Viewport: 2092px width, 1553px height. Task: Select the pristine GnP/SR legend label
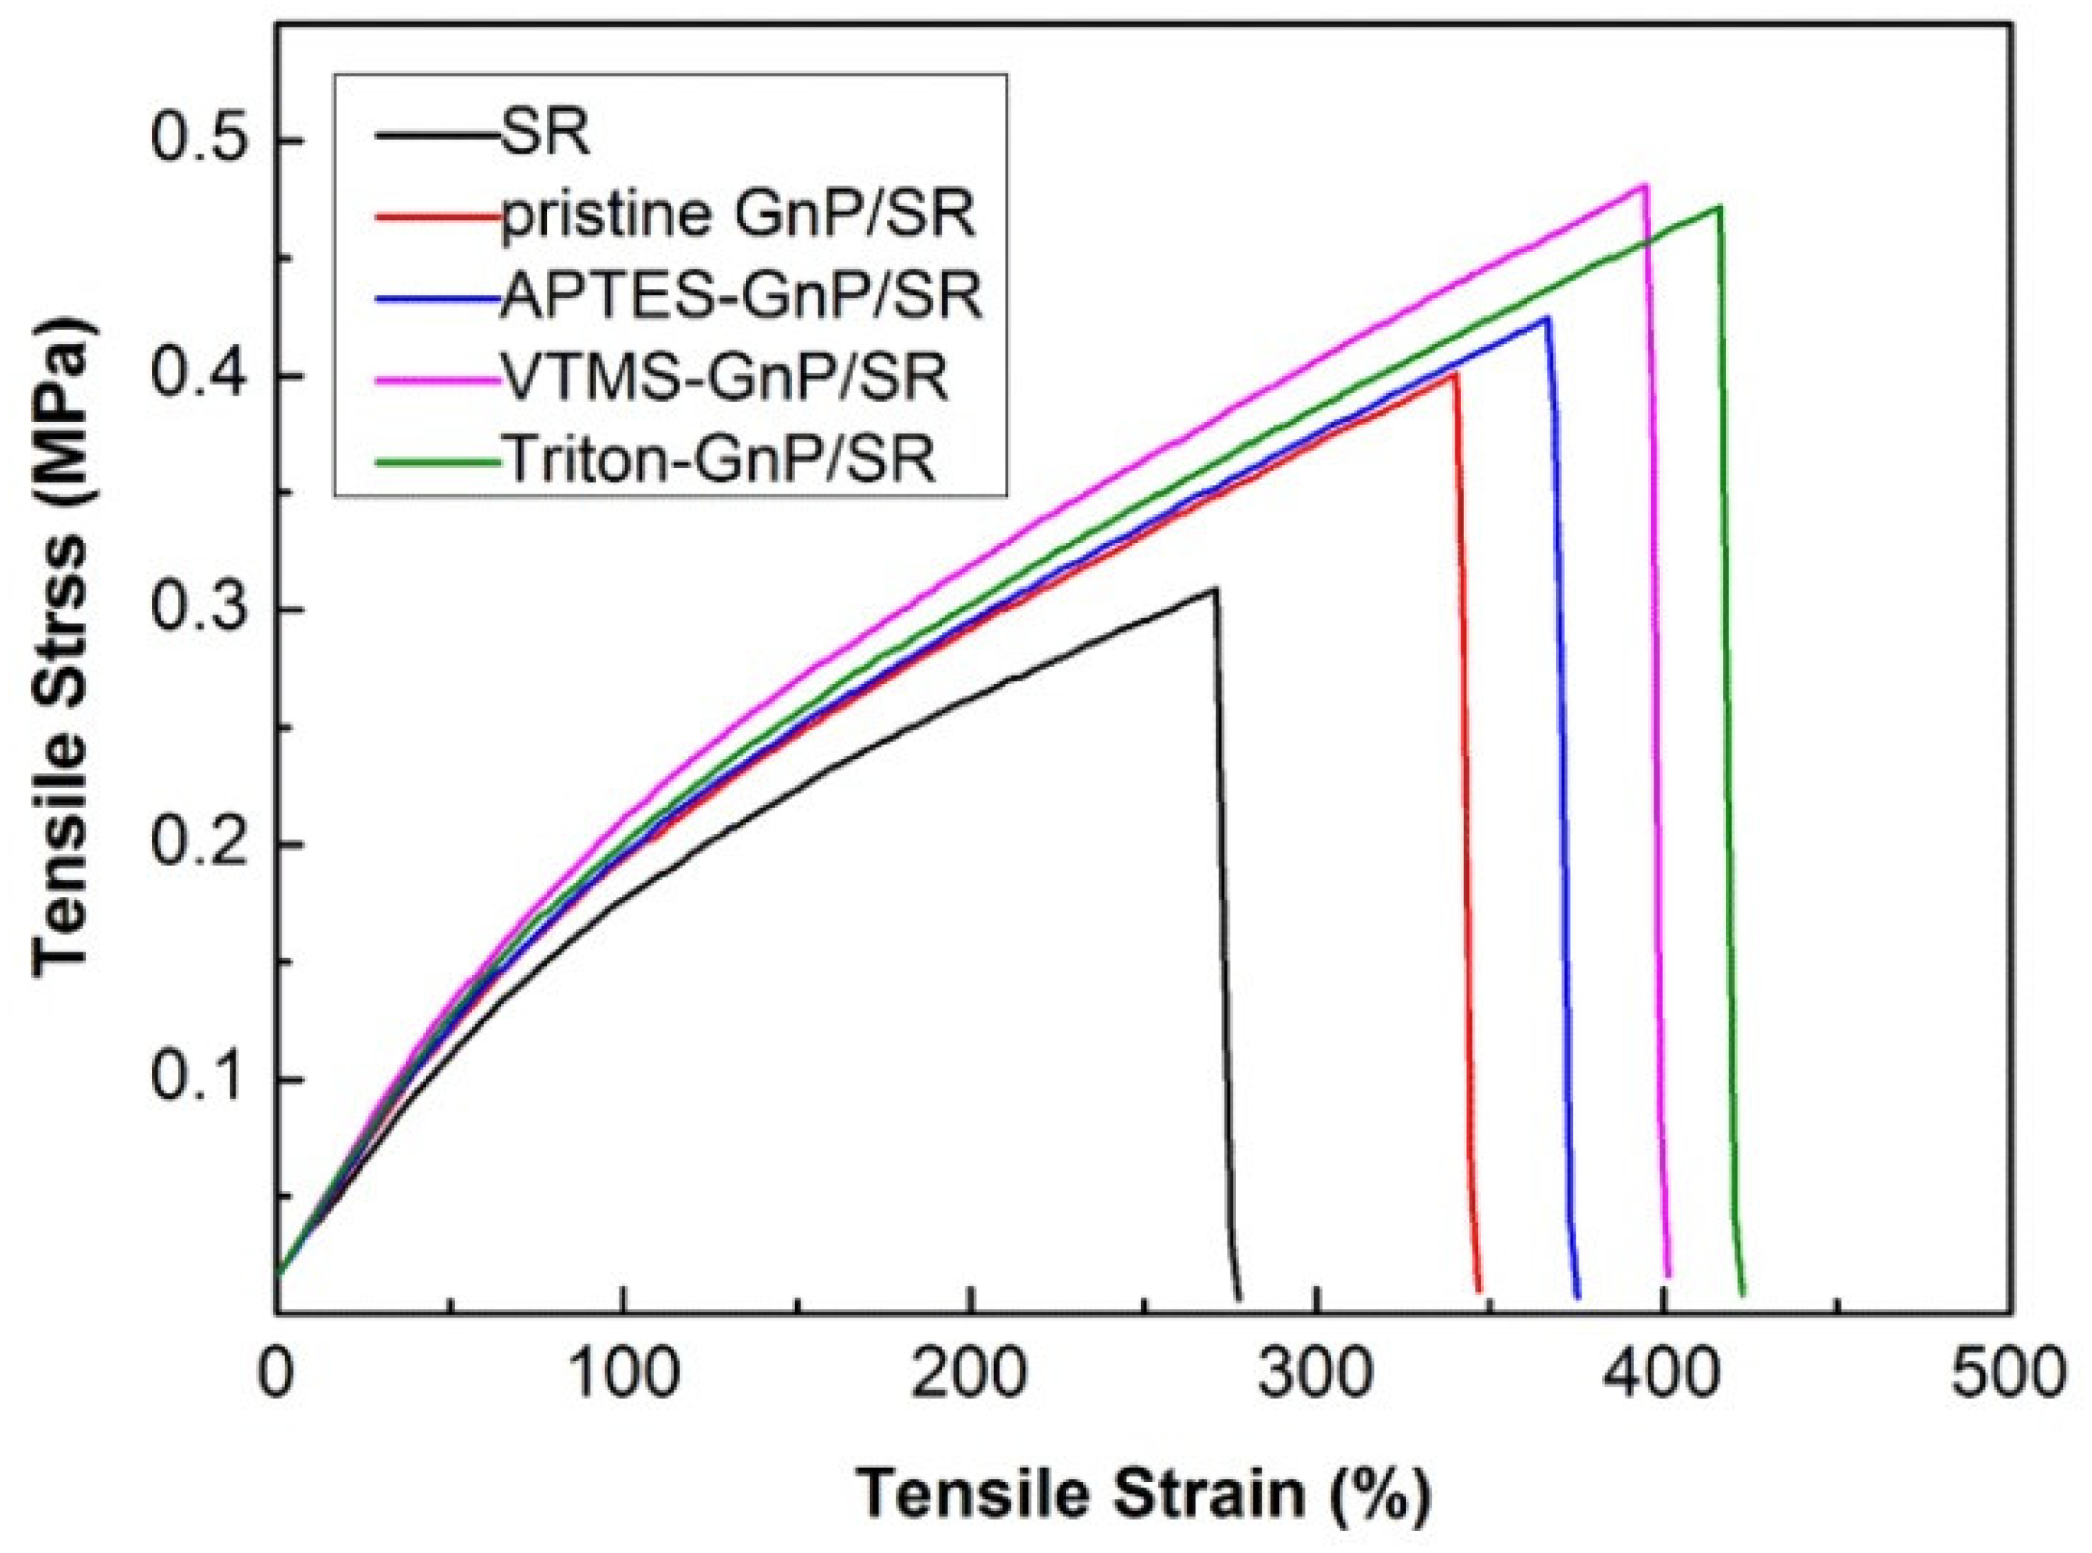pos(738,217)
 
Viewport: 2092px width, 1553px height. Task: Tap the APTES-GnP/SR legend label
pos(741,298)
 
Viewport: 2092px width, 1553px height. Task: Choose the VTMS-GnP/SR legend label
pos(724,378)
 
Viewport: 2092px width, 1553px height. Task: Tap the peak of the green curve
pos(1720,206)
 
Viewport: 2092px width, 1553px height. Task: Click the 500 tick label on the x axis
pos(2009,1374)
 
